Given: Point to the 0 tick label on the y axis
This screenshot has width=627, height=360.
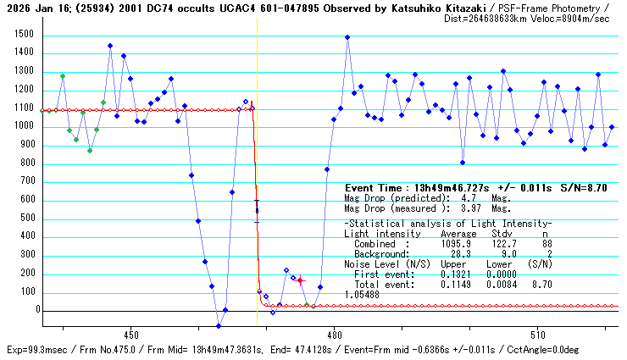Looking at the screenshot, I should (34, 310).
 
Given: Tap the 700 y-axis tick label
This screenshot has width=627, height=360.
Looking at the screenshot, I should (28, 181).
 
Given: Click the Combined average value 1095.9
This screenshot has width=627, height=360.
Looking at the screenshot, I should (458, 242).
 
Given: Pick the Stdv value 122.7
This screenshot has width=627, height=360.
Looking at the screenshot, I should (502, 242).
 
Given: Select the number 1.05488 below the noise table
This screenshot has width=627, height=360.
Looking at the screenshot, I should (362, 294).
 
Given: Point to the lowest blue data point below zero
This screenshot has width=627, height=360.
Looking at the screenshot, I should (218, 326).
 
